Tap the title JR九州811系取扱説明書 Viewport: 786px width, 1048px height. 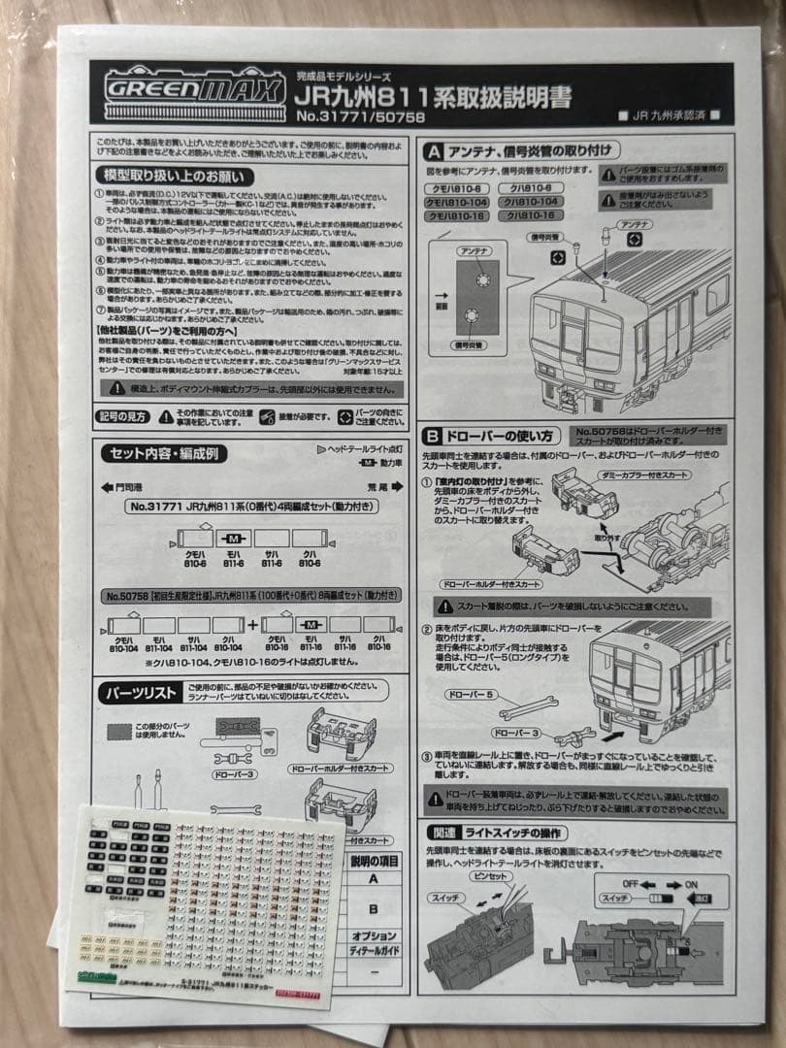click(x=433, y=95)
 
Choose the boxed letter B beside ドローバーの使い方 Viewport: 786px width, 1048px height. click(x=432, y=436)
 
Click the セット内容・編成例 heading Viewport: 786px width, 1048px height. click(x=165, y=454)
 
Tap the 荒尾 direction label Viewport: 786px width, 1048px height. click(x=376, y=488)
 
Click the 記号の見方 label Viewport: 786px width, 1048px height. click(x=121, y=415)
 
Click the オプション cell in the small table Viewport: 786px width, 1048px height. click(x=374, y=936)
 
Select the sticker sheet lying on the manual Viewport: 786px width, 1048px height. click(x=204, y=893)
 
